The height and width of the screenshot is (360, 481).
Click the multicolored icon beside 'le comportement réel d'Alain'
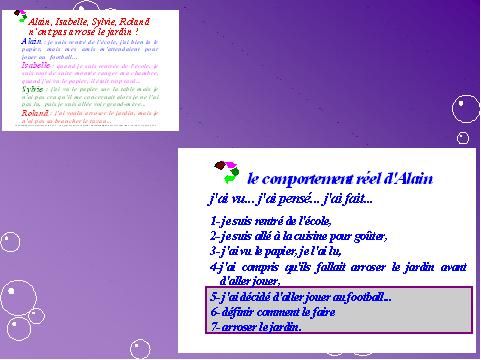click(225, 172)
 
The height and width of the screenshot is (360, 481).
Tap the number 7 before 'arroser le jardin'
click(214, 326)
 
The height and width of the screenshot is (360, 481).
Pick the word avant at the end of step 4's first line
click(454, 267)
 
